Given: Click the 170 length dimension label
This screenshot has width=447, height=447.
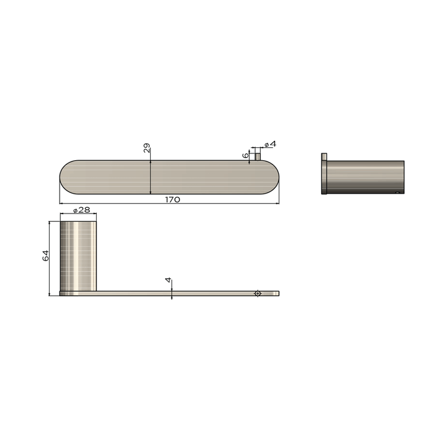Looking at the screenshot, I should [x=173, y=199].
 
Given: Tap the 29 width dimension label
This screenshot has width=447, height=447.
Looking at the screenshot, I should [x=147, y=148].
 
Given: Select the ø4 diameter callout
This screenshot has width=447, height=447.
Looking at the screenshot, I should [x=270, y=144].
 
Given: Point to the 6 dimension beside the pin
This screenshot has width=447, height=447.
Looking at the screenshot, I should [x=246, y=155].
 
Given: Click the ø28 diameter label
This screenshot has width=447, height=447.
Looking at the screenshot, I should [x=82, y=210].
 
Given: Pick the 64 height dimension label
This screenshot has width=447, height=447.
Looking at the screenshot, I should [x=45, y=255].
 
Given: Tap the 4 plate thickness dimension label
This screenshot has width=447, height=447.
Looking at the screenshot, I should [x=168, y=281].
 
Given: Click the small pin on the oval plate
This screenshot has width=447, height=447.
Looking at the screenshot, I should [x=257, y=157].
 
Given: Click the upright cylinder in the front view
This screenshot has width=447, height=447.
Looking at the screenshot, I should [x=78, y=255].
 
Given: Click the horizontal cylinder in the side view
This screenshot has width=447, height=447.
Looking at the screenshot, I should [x=366, y=177].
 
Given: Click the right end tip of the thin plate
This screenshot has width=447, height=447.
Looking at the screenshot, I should [x=278, y=293].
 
